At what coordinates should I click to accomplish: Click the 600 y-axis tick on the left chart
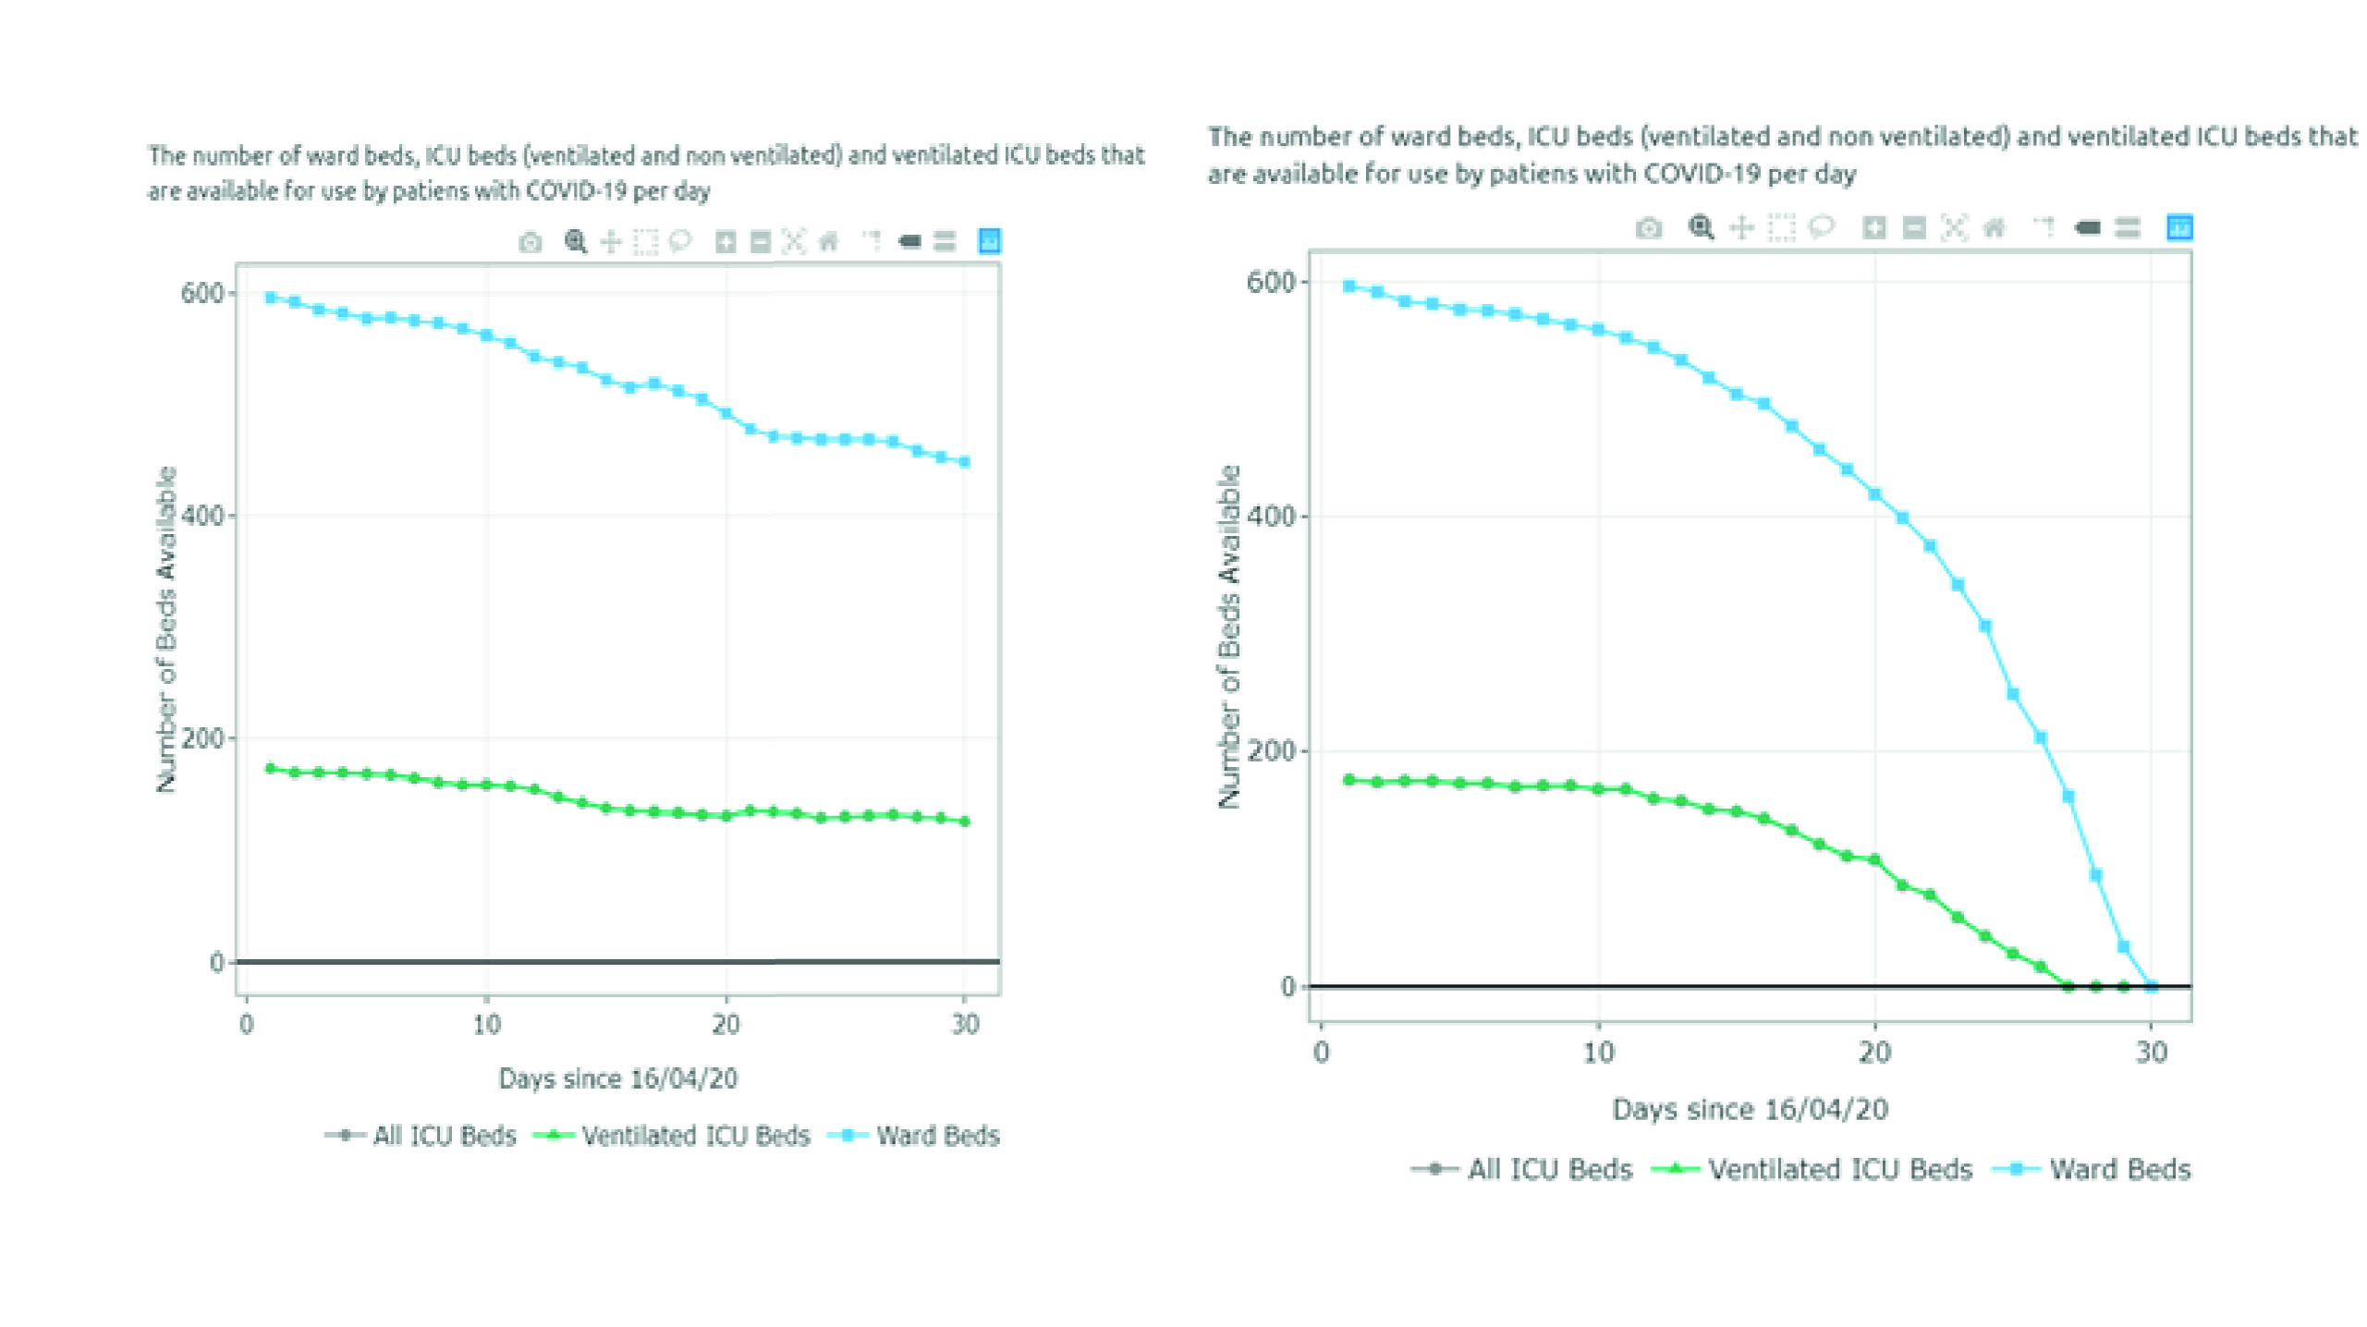coord(201,294)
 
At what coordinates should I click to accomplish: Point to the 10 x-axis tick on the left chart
coord(486,1025)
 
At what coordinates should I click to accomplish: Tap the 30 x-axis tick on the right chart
coord(2152,1053)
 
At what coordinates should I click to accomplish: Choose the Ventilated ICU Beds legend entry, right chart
coord(1839,1170)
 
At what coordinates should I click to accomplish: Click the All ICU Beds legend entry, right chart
coord(1549,1170)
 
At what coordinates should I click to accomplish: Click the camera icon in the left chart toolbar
coord(531,243)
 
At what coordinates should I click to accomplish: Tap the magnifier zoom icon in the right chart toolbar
coord(1701,227)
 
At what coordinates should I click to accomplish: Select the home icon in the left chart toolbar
coord(829,243)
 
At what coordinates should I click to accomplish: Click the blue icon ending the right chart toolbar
coord(2179,227)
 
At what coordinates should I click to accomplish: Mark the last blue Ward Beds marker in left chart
coord(965,462)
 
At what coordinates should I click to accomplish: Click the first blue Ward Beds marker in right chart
coord(1349,286)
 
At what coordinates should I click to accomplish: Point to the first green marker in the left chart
coord(271,768)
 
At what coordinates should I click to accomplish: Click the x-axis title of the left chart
coord(617,1079)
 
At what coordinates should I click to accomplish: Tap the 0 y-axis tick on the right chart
coord(1287,987)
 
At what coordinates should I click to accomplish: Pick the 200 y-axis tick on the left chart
coord(201,738)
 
